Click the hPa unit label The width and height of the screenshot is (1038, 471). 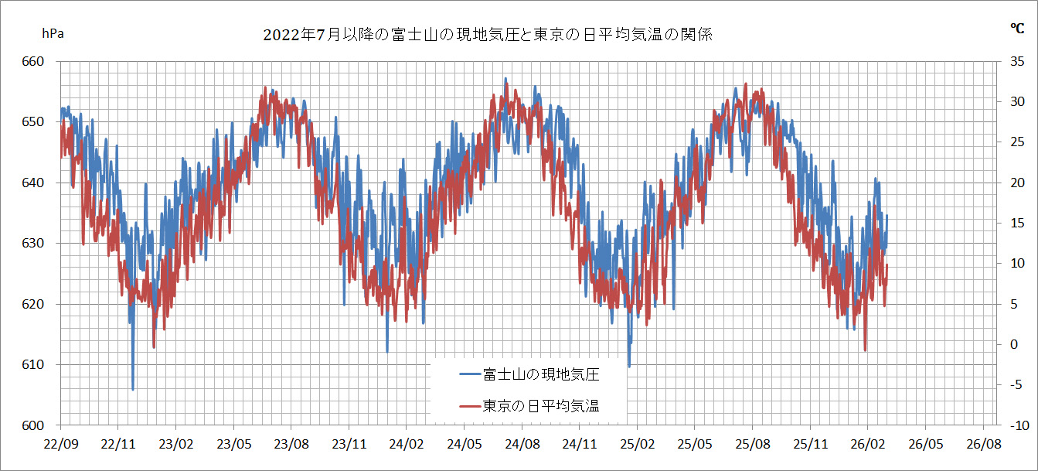click(x=52, y=33)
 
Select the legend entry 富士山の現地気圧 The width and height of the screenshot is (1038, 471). click(x=541, y=374)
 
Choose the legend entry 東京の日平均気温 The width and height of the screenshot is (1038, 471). click(x=541, y=405)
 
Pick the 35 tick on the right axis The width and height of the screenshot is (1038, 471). click(x=1016, y=62)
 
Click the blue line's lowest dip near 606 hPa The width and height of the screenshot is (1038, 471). click(x=133, y=390)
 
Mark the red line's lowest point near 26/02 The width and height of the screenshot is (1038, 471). click(x=865, y=350)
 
